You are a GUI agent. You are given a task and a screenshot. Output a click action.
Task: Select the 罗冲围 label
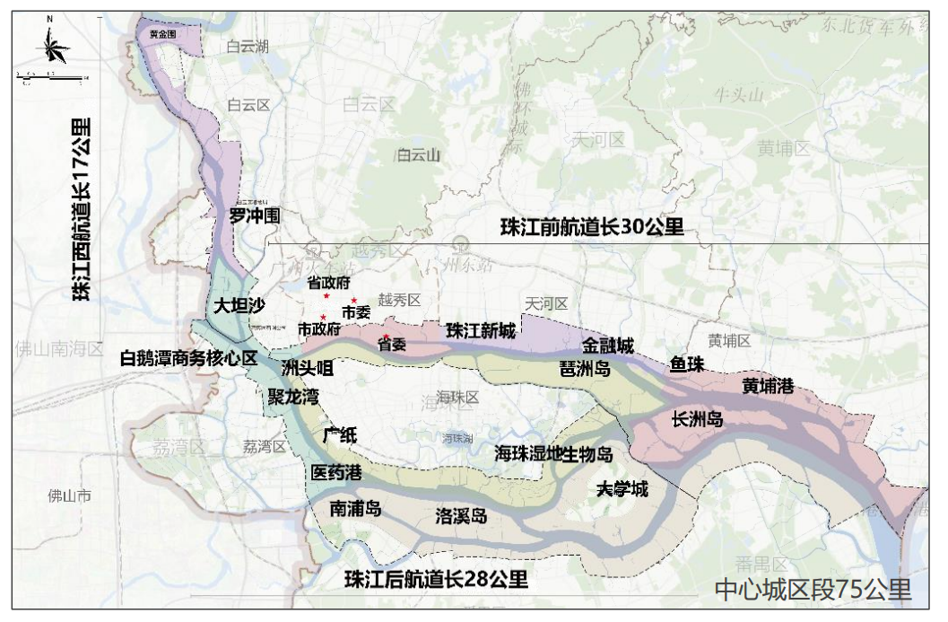[x=255, y=215]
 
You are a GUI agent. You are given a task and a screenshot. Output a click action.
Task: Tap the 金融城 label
[x=608, y=345]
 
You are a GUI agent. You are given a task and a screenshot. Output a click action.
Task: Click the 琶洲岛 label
[x=585, y=369]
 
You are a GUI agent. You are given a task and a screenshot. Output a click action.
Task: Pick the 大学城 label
[x=622, y=489]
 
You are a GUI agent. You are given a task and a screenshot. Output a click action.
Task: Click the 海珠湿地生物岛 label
[x=553, y=454]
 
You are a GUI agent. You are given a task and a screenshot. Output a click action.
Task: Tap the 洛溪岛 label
[x=461, y=516]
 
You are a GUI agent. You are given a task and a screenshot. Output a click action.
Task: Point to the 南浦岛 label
[x=355, y=509]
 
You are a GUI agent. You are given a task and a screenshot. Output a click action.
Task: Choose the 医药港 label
[x=336, y=472]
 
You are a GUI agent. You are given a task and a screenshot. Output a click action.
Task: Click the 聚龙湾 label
[x=292, y=396]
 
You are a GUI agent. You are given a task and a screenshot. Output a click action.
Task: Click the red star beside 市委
[x=354, y=300]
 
